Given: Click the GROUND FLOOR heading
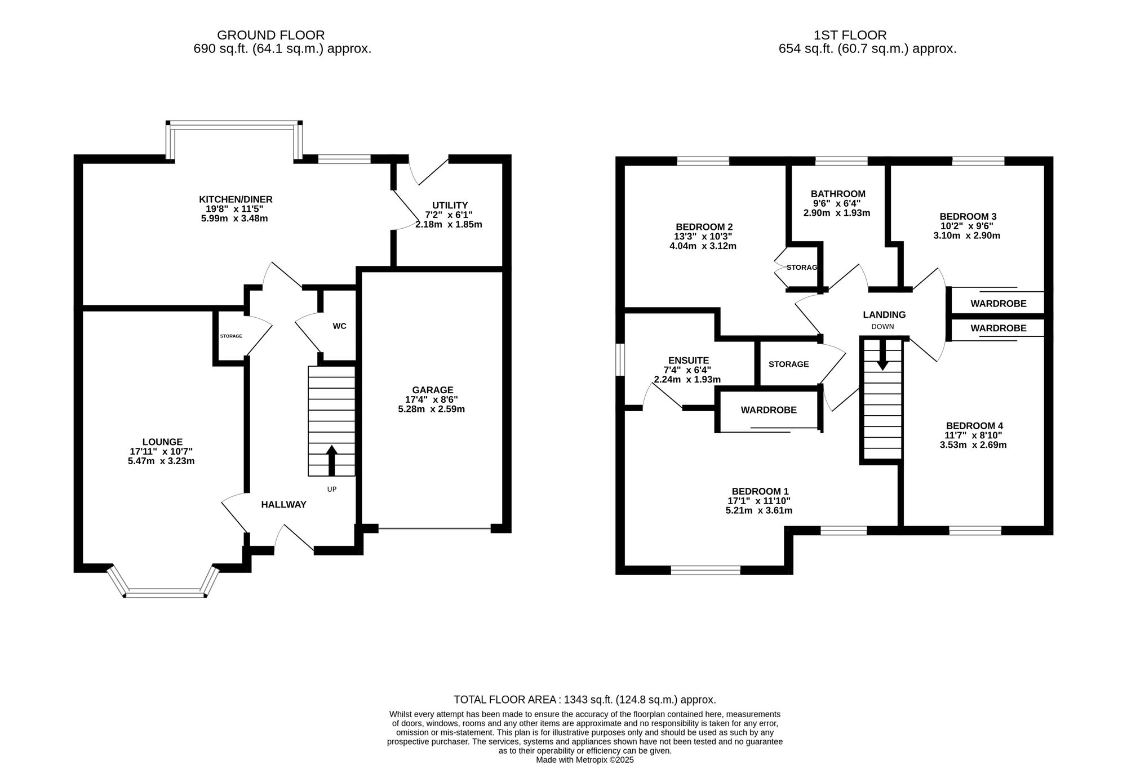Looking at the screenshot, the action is tap(270, 35).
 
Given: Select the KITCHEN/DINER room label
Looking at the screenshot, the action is tap(236, 199).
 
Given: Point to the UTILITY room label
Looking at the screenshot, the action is tap(450, 205).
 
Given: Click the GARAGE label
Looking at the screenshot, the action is tap(433, 390).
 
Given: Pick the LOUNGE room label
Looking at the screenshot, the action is tap(162, 442).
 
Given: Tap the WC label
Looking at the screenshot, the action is tap(339, 326).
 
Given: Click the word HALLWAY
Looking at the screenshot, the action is tap(283, 505).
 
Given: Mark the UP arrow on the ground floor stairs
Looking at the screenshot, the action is tap(331, 461).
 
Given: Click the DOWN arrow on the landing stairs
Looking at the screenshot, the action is tap(882, 354).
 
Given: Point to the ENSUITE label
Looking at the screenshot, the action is tap(689, 361).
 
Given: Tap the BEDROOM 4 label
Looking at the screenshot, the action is tap(974, 426).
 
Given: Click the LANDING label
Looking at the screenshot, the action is tap(884, 315).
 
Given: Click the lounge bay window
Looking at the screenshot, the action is tap(163, 591).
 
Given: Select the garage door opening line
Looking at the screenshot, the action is tap(434, 528).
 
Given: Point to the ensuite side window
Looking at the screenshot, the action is tap(620, 359).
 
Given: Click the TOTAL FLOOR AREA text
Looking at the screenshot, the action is tap(585, 700).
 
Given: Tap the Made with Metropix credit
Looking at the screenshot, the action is tap(585, 760).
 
